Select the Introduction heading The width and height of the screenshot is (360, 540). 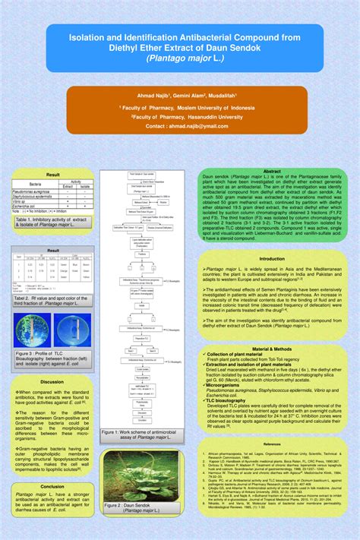(272, 258)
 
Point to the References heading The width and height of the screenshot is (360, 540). (272, 444)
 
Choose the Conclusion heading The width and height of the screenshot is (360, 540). (52, 486)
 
